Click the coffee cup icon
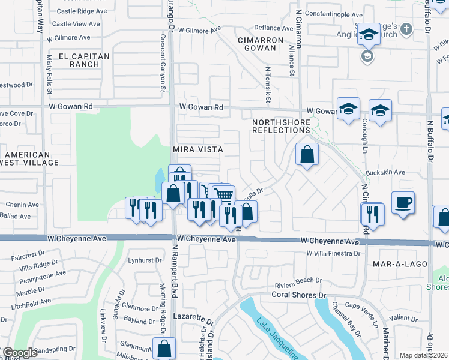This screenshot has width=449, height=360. coord(403,202)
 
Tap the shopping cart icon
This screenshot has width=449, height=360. coord(223,194)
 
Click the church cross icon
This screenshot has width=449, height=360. coord(406,29)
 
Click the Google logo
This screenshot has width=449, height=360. coord(19,353)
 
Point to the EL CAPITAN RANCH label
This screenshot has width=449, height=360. coord(76,61)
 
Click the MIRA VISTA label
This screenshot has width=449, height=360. coord(198,149)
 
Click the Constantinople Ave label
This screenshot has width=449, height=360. coord(334,14)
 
